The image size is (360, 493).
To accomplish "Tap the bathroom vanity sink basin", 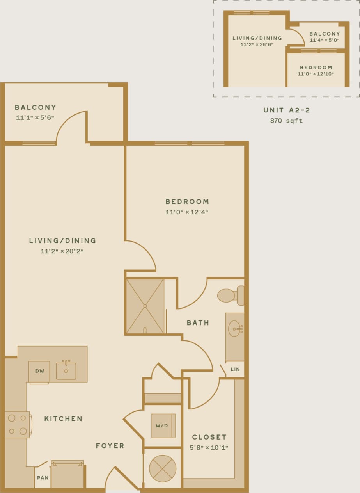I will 235,329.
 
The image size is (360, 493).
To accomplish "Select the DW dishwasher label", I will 39,371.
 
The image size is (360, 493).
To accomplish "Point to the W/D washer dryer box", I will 163,425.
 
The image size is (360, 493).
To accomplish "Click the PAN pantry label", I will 43,478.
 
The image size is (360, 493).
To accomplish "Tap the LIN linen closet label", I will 235,369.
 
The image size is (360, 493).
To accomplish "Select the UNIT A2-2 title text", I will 286,110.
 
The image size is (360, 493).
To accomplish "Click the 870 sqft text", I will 286,121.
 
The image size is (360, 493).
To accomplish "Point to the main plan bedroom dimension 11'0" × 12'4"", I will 187,212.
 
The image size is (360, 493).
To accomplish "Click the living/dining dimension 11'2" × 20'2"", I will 62,251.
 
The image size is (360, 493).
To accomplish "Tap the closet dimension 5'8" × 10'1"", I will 209,448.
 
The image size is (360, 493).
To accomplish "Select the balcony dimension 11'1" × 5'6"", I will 35,117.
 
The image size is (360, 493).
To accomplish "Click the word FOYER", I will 110,446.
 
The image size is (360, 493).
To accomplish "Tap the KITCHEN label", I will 63,419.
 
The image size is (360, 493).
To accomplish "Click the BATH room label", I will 198,323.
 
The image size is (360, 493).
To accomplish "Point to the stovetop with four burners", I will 18,424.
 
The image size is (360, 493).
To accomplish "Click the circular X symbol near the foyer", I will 163,468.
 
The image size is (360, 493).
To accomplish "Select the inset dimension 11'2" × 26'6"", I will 257,45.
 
